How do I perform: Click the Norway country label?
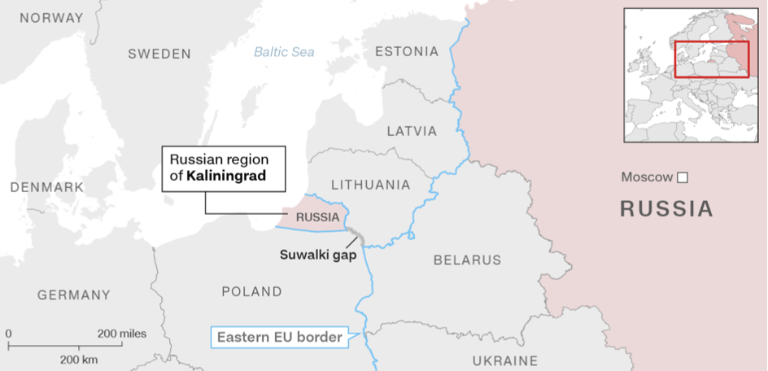click(x=51, y=18)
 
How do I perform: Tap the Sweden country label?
click(x=159, y=55)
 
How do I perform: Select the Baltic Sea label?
click(x=284, y=52)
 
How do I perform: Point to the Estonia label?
click(x=407, y=52)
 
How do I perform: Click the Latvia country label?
click(x=412, y=131)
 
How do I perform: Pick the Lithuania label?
click(x=370, y=185)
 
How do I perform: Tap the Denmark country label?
click(x=47, y=187)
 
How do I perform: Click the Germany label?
click(x=73, y=295)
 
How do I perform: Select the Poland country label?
click(x=252, y=292)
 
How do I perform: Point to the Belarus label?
click(x=467, y=260)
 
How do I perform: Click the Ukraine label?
click(x=505, y=360)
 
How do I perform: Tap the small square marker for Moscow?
click(x=683, y=177)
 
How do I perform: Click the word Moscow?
click(x=647, y=177)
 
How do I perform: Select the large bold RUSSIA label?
click(x=666, y=209)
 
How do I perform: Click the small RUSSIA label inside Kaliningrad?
click(x=317, y=217)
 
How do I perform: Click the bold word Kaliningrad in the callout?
click(x=226, y=175)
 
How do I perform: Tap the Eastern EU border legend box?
click(x=278, y=337)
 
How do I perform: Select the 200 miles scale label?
click(x=122, y=334)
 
